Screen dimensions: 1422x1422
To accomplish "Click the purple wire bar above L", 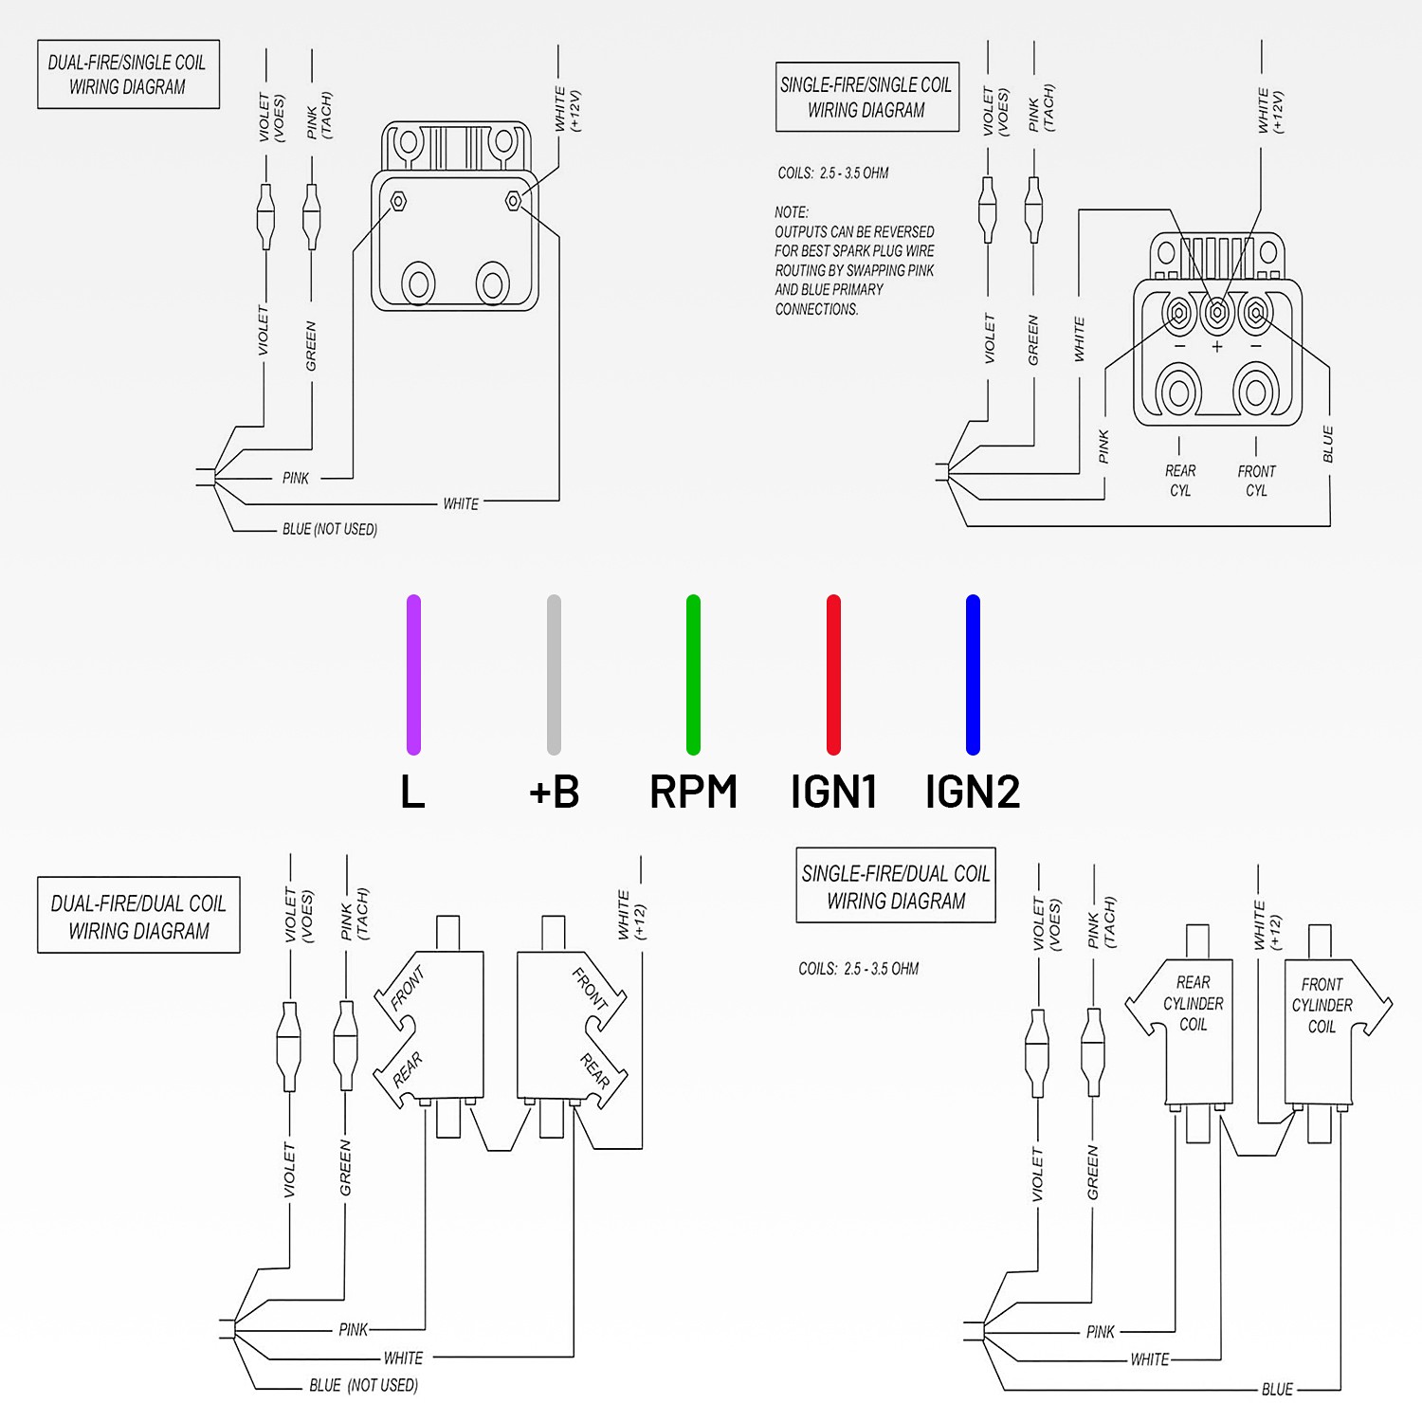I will click(413, 674).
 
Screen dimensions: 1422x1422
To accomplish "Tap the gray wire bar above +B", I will click(554, 674).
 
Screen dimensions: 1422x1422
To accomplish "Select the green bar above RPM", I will click(693, 674).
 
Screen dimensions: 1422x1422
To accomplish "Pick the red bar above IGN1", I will click(833, 674).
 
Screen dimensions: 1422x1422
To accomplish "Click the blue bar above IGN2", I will click(973, 674).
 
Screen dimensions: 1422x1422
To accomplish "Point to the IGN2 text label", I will click(973, 792).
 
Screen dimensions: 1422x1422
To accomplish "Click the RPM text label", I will click(693, 792).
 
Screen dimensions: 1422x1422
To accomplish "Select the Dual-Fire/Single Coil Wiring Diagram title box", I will click(128, 74).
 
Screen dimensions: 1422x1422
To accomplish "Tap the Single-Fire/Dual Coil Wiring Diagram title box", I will click(896, 885).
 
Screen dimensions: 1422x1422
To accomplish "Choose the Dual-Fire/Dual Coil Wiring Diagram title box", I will click(138, 915).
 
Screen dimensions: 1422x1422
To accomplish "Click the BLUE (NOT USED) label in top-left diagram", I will click(329, 529).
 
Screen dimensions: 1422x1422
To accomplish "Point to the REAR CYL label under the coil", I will click(1180, 481).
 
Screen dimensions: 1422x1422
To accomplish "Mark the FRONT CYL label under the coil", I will click(1256, 481).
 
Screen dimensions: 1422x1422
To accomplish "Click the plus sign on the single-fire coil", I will click(1217, 347).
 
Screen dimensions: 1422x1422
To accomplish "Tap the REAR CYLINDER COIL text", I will click(1193, 1003).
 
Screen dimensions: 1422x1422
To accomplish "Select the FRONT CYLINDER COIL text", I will click(1322, 1005).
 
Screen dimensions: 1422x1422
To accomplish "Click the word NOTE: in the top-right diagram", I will click(792, 212).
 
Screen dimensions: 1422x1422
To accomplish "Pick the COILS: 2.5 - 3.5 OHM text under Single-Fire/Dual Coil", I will click(858, 969).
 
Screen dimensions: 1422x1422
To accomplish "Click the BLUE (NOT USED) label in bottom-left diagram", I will click(363, 1385).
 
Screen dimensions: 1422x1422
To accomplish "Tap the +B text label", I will click(554, 792).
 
